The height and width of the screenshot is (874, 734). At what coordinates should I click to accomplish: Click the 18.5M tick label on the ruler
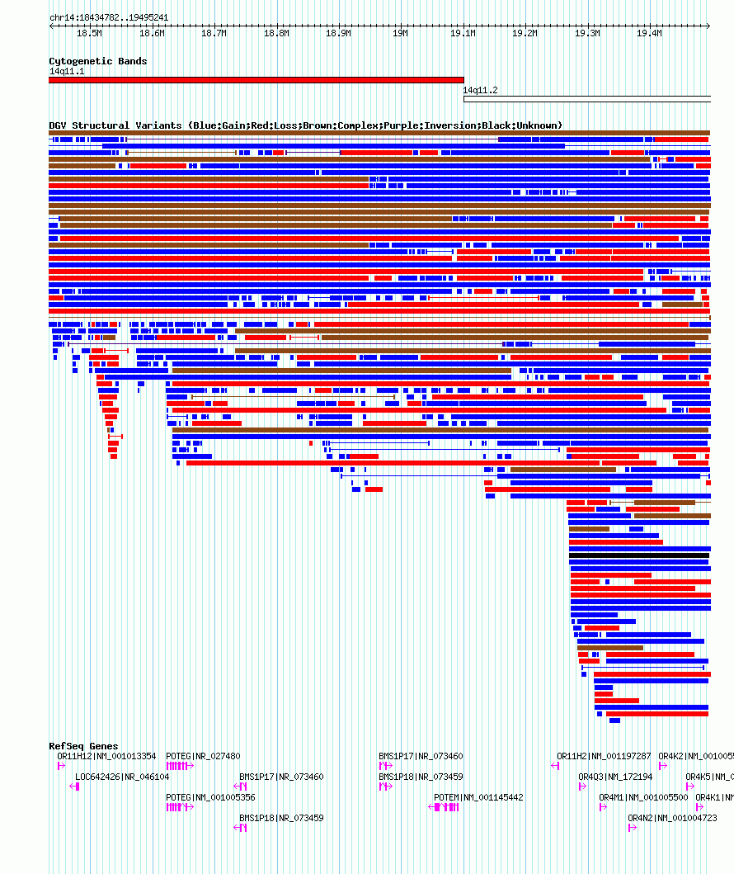pyautogui.click(x=89, y=34)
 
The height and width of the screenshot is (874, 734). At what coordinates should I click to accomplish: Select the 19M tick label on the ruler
pyautogui.click(x=400, y=34)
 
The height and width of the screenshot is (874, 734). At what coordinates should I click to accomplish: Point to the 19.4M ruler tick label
pyautogui.click(x=649, y=34)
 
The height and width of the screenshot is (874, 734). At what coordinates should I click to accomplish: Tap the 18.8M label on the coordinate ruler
pyautogui.click(x=276, y=34)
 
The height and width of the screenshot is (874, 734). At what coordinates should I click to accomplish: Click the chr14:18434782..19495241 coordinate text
pyautogui.click(x=109, y=17)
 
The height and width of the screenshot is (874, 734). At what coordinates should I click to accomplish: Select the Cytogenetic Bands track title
pyautogui.click(x=97, y=61)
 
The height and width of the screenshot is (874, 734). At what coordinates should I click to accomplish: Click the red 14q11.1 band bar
pyautogui.click(x=256, y=80)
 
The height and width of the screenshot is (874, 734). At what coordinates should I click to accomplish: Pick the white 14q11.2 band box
pyautogui.click(x=586, y=99)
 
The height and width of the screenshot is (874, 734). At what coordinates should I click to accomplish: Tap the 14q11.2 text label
pyautogui.click(x=480, y=90)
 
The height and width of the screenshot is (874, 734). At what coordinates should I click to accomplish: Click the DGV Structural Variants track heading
pyautogui.click(x=305, y=125)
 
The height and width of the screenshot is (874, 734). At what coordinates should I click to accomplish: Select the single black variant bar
pyautogui.click(x=638, y=555)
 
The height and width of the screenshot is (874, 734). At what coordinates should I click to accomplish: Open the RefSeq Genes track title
pyautogui.click(x=83, y=746)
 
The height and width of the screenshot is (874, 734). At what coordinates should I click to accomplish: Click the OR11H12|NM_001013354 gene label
pyautogui.click(x=106, y=756)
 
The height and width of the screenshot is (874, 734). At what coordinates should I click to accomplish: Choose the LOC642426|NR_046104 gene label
pyautogui.click(x=122, y=777)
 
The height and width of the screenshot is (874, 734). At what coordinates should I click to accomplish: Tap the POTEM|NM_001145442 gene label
pyautogui.click(x=478, y=797)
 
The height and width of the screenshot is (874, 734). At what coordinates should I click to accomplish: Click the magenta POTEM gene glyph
pyautogui.click(x=445, y=807)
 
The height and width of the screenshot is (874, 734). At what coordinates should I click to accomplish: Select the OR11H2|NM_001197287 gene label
pyautogui.click(x=604, y=756)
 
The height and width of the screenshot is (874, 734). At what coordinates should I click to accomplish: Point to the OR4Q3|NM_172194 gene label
pyautogui.click(x=615, y=777)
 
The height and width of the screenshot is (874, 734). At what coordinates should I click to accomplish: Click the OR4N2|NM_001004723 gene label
pyautogui.click(x=669, y=818)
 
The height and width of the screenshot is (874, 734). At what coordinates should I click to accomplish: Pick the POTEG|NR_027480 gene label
pyautogui.click(x=203, y=756)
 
